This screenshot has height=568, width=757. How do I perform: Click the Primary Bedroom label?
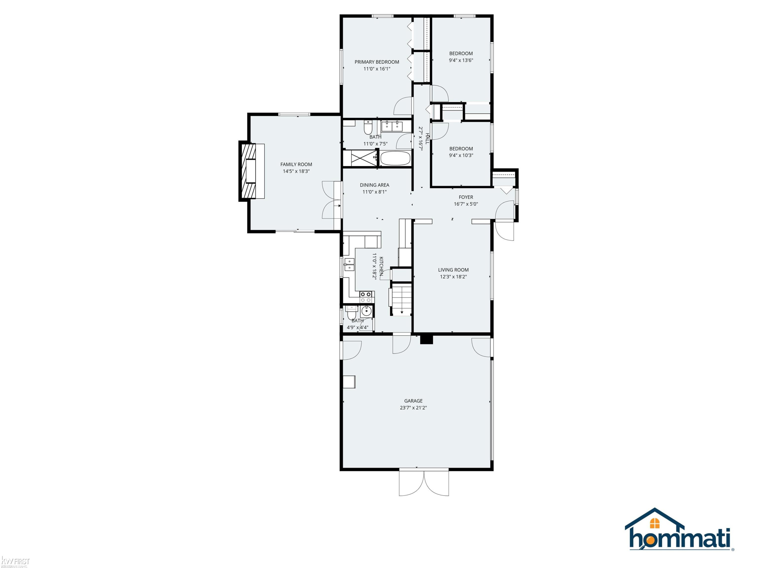[x=376, y=62]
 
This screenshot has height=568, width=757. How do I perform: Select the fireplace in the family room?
[x=252, y=171]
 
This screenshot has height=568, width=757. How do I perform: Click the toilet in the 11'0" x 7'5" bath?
[x=368, y=127]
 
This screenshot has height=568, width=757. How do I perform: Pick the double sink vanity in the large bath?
[x=392, y=126]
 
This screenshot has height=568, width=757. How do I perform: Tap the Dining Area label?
[x=374, y=185]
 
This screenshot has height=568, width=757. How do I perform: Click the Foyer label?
[x=466, y=197]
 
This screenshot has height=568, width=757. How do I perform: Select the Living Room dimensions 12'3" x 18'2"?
[x=453, y=277]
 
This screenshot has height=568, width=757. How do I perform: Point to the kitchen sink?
[x=349, y=265]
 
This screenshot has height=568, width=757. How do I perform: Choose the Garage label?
[x=413, y=401]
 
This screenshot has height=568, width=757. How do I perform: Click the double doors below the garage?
[x=424, y=483]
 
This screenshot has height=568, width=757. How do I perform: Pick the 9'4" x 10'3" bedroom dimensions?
[x=461, y=156]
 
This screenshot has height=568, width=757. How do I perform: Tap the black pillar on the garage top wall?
[x=426, y=339]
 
